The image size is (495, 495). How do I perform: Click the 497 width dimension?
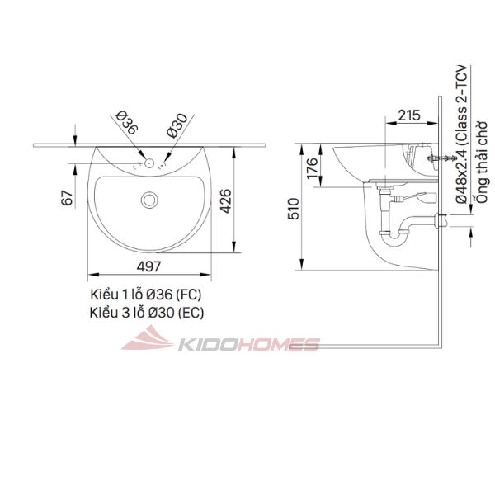[x=148, y=267]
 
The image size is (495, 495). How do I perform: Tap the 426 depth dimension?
[x=226, y=201]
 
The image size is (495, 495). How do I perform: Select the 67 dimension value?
[x=67, y=198]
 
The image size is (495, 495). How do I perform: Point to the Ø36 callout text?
[x=127, y=123]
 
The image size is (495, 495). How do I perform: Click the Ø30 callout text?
[x=177, y=125]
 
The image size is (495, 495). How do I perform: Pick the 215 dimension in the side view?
[x=409, y=115]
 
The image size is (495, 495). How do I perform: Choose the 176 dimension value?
[x=313, y=168]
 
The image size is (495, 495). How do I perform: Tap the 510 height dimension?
[x=293, y=209]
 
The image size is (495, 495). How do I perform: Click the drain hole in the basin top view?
[x=149, y=200]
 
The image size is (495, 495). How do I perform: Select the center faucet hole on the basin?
[x=149, y=163]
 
